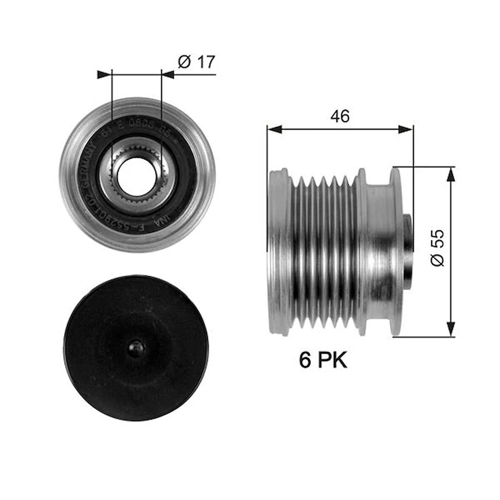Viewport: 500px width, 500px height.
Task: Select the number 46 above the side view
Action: (x=340, y=116)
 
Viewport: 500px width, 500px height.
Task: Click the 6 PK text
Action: (x=323, y=361)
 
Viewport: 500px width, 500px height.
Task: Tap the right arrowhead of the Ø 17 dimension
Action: (x=168, y=75)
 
